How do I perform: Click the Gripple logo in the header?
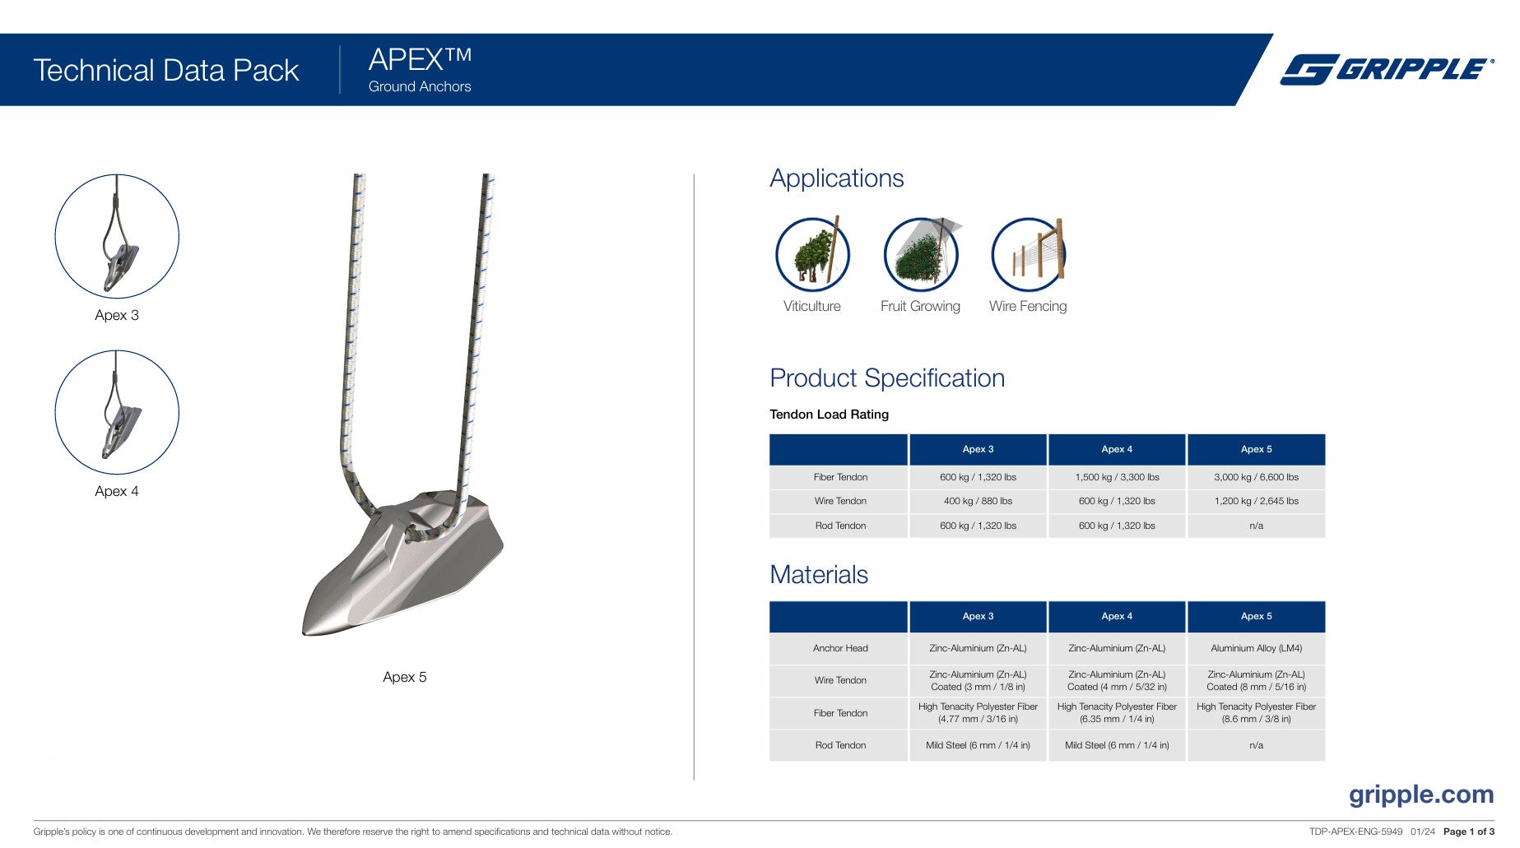pyautogui.click(x=1387, y=70)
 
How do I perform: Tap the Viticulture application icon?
pyautogui.click(x=812, y=254)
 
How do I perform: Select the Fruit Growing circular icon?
pyautogui.click(x=920, y=254)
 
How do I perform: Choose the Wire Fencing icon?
pyautogui.click(x=1028, y=254)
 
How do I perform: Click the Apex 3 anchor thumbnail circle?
pyautogui.click(x=117, y=236)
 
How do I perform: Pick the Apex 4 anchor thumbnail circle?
pyautogui.click(x=117, y=412)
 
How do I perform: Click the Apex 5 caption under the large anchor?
pyautogui.click(x=405, y=677)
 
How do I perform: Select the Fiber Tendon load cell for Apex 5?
pyautogui.click(x=1256, y=477)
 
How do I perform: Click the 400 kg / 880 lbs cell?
pyautogui.click(x=978, y=501)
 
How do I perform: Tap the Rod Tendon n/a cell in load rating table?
pyautogui.click(x=1256, y=526)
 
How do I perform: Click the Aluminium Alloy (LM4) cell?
pyautogui.click(x=1256, y=648)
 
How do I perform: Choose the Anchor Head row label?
pyautogui.click(x=840, y=648)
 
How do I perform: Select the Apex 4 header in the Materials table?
pyautogui.click(x=1117, y=616)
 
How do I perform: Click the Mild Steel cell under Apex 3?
pyautogui.click(x=978, y=745)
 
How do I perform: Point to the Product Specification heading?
pyautogui.click(x=887, y=378)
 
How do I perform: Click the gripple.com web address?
pyautogui.click(x=1421, y=795)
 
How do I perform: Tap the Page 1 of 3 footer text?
pyautogui.click(x=1468, y=832)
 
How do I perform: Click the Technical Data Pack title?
pyautogui.click(x=166, y=71)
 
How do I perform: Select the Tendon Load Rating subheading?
pyautogui.click(x=829, y=415)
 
